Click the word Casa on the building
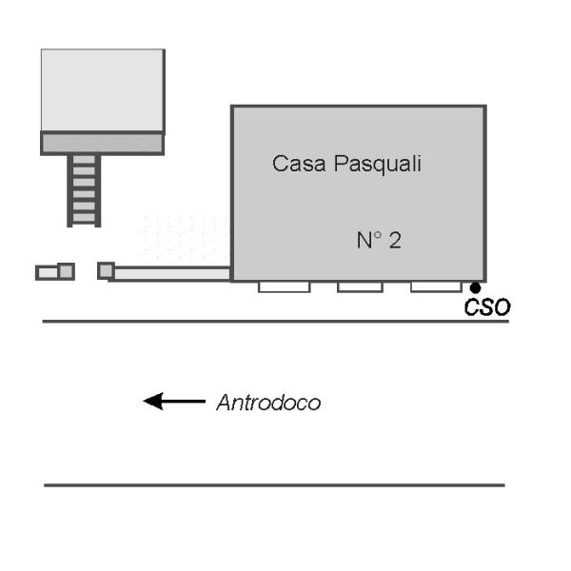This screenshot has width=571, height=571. click(299, 164)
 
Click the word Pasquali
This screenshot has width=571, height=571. click(378, 165)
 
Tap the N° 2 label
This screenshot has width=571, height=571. click(379, 241)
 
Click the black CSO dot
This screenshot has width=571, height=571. click(475, 288)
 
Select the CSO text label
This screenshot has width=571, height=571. click(487, 307)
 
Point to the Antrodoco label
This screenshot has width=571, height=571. click(268, 403)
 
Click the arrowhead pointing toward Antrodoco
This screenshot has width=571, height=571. click(153, 402)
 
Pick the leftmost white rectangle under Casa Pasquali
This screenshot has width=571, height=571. click(285, 286)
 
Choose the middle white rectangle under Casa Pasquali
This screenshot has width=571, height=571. click(360, 286)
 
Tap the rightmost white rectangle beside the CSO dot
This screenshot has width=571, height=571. click(436, 286)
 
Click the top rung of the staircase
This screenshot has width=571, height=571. click(84, 160)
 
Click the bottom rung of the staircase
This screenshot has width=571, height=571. click(84, 218)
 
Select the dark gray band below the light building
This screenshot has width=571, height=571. click(103, 143)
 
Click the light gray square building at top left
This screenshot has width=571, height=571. click(103, 90)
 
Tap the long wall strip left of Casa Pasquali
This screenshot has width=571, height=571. click(172, 274)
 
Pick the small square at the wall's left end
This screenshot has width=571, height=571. click(106, 271)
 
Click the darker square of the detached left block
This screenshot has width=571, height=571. click(67, 271)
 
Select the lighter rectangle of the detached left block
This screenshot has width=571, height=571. click(48, 273)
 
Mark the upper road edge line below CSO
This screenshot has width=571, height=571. click(276, 322)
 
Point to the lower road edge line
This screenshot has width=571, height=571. click(274, 485)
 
